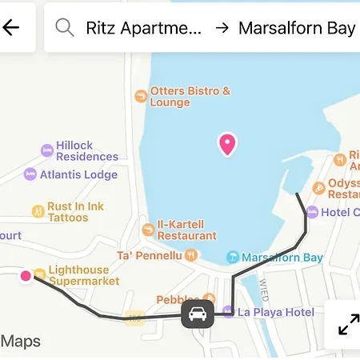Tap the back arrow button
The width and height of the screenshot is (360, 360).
pyautogui.click(x=11, y=28)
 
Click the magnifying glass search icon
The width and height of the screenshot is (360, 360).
pyautogui.click(x=65, y=28)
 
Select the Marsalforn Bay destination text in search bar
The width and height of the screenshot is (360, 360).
pyautogui.click(x=297, y=29)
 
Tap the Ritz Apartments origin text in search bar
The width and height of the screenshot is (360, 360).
pyautogui.click(x=144, y=29)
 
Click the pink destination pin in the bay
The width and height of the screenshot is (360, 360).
pyautogui.click(x=227, y=144)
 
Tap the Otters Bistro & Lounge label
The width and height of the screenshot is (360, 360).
pyautogui.click(x=190, y=97)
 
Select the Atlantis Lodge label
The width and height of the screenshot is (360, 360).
pyautogui.click(x=78, y=174)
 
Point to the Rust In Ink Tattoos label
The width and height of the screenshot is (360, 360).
pyautogui.click(x=75, y=212)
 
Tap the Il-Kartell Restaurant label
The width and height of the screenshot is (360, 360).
pyautogui.click(x=186, y=230)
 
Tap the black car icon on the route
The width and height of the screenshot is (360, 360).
pyautogui.click(x=198, y=314)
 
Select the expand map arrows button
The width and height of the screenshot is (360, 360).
pyautogui.click(x=348, y=324)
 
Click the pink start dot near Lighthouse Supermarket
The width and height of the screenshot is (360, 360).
pyautogui.click(x=26, y=276)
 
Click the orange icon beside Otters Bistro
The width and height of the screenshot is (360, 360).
pyautogui.click(x=141, y=96)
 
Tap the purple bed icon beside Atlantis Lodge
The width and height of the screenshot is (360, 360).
pyautogui.click(x=30, y=174)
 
